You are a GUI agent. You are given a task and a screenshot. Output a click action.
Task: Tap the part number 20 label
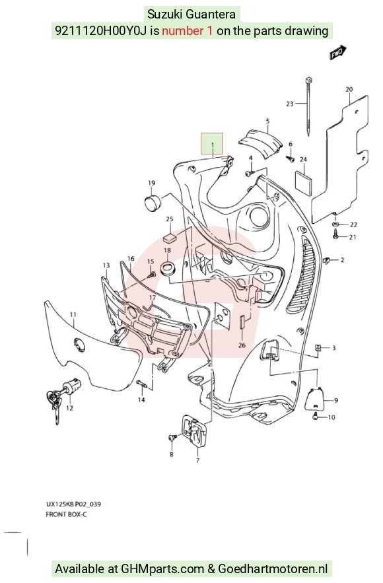[x=349, y=90]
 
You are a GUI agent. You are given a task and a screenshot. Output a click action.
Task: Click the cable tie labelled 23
[x=308, y=106]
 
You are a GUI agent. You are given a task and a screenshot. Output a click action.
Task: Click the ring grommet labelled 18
[x=168, y=269]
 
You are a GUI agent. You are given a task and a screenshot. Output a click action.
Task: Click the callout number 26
[x=242, y=345]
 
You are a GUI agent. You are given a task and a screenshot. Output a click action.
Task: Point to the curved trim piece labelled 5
[x=260, y=143]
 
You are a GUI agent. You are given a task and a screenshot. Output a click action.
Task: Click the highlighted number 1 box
[x=212, y=143]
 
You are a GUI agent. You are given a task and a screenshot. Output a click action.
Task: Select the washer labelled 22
[x=335, y=224]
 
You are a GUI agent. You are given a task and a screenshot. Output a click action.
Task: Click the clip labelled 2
[x=328, y=261]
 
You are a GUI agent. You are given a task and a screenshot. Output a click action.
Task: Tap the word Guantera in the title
[x=211, y=14]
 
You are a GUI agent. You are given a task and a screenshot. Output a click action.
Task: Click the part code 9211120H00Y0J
[x=102, y=30]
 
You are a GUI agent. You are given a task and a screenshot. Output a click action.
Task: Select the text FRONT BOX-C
[x=66, y=514]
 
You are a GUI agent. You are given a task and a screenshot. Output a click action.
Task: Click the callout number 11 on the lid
[x=73, y=315]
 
